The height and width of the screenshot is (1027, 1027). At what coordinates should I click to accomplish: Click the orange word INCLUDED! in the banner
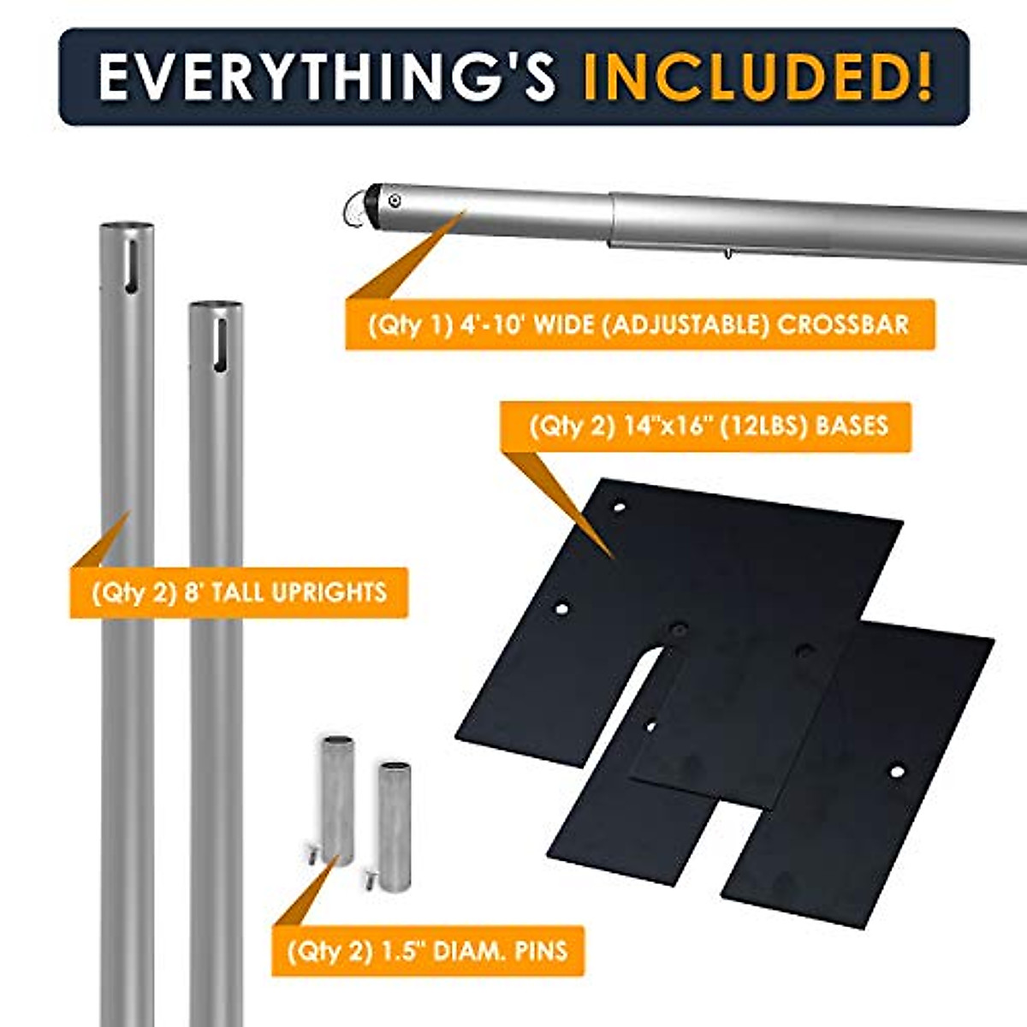pos(757,77)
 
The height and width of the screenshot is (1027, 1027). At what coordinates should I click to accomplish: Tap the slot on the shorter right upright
pos(219,347)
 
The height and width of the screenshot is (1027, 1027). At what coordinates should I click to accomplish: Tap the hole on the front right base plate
pos(896,772)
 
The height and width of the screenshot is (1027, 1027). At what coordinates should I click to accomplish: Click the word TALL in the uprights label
pos(233,592)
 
